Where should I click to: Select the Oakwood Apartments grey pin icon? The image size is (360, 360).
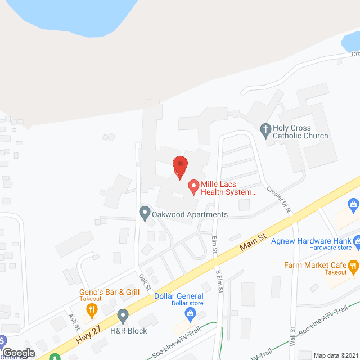pos(145,214)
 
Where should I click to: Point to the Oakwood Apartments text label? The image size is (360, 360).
pos(190,214)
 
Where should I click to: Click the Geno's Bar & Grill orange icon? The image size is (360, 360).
pos(93,308)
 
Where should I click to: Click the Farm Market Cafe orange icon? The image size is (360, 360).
pos(353,265)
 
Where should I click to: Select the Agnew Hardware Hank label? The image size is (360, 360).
pos(311,241)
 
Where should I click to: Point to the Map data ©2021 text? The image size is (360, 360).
pos(335,355)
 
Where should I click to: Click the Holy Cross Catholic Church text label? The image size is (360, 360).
pos(300,132)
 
